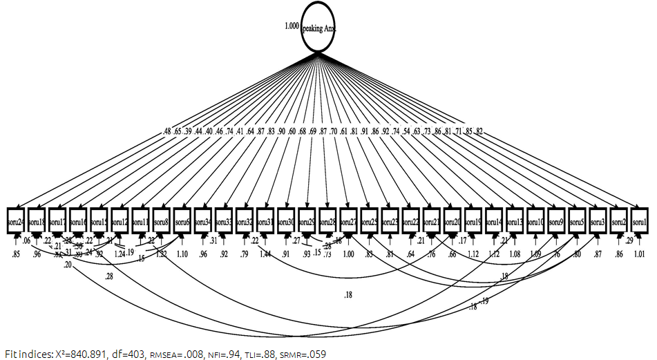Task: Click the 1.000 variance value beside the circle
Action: point(291,26)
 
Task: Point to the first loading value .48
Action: point(166,131)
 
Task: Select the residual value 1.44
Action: point(265,254)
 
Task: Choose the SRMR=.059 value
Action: point(298,354)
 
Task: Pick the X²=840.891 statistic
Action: point(81,354)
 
